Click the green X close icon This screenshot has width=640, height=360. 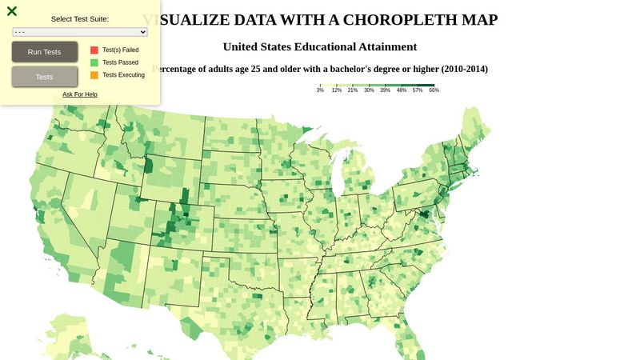coord(12,11)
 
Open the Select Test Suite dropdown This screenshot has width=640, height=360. coord(80,32)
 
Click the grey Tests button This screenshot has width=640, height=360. coord(45,77)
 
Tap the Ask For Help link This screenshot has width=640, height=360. coord(80,94)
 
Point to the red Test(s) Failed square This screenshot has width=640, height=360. coord(94,50)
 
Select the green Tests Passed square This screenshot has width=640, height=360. coord(94,62)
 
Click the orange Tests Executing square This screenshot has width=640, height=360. coord(94,75)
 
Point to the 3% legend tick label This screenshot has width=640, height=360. coord(320,90)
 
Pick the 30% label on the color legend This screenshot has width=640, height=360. coord(369,90)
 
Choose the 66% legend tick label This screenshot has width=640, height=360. coord(434,90)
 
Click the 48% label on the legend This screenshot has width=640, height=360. coord(402,90)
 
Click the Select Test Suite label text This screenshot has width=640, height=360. coord(80,18)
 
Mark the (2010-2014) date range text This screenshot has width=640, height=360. coord(456,69)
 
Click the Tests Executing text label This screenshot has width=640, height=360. coord(123,75)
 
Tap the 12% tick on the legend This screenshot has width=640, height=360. coord(336,90)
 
